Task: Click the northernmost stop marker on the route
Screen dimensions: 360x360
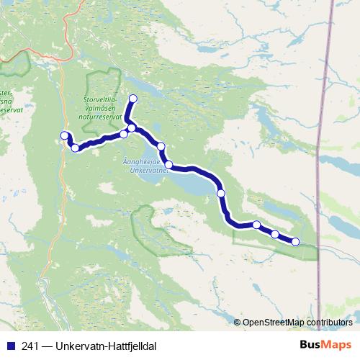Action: [132, 99]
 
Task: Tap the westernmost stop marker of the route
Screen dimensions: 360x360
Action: [64, 135]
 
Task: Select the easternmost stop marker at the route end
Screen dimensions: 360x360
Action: [295, 240]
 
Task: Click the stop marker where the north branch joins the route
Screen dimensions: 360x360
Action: [132, 128]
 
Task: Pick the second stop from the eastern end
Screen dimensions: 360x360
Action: [275, 234]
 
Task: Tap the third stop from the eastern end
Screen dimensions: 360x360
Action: [256, 225]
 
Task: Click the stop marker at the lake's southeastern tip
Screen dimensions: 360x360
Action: [221, 193]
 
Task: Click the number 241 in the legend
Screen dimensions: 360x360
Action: [31, 346]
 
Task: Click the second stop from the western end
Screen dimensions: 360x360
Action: [75, 148]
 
